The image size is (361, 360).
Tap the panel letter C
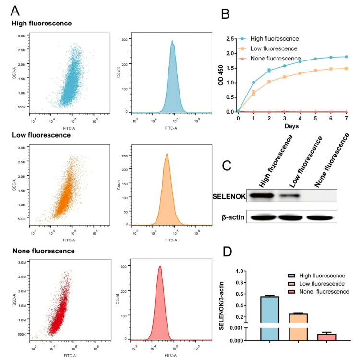pos(229,165)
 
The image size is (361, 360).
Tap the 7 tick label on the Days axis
pos(346,118)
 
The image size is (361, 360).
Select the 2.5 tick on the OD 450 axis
pos(230,38)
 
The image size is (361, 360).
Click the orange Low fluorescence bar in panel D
pos(298,326)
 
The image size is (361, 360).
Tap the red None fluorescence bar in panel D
pos(326,337)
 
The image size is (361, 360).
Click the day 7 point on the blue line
pos(346,57)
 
